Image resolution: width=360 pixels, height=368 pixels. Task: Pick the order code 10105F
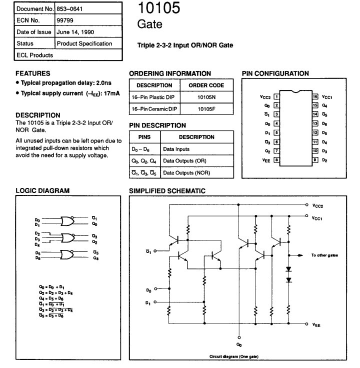[x=206, y=108]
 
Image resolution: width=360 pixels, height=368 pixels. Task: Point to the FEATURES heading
[x=33, y=73]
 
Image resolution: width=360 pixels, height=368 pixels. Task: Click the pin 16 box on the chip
[x=315, y=96]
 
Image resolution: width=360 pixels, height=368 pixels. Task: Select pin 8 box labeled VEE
[x=276, y=160]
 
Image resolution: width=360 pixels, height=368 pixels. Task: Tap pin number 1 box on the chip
[x=276, y=96]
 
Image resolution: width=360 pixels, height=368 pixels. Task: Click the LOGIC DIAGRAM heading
[x=42, y=190]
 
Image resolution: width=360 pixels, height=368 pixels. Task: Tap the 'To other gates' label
[x=324, y=255]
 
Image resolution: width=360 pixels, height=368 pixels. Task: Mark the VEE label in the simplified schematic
[x=316, y=325]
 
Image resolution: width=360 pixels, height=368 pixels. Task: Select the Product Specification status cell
[x=84, y=43]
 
